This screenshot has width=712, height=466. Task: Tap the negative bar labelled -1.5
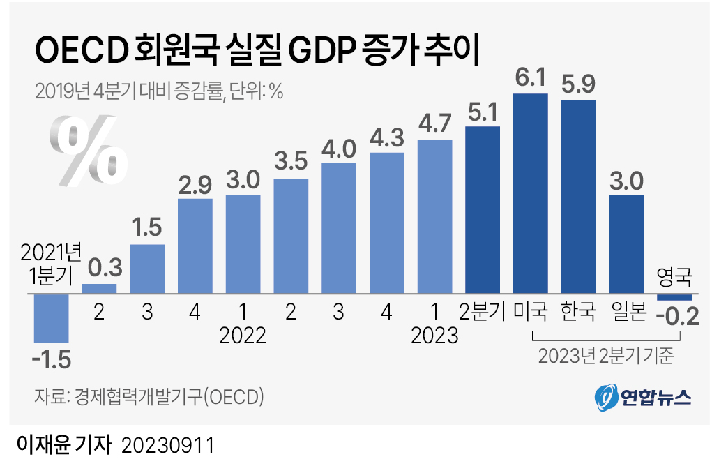tap(52, 317)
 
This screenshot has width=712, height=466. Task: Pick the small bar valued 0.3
tap(100, 288)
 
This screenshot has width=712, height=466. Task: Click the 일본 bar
tap(626, 244)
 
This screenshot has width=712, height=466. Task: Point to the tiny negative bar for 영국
tap(674, 297)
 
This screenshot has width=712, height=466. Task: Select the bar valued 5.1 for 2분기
tap(483, 209)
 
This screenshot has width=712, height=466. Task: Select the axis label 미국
tap(530, 311)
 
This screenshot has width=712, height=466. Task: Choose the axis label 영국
tap(675, 278)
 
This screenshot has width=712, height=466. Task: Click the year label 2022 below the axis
tap(243, 336)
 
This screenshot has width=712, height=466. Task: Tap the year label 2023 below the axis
tap(435, 336)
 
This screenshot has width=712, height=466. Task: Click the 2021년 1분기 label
tap(52, 264)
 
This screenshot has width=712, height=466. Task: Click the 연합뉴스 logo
tap(642, 397)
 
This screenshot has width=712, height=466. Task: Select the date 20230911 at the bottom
tap(167, 445)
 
